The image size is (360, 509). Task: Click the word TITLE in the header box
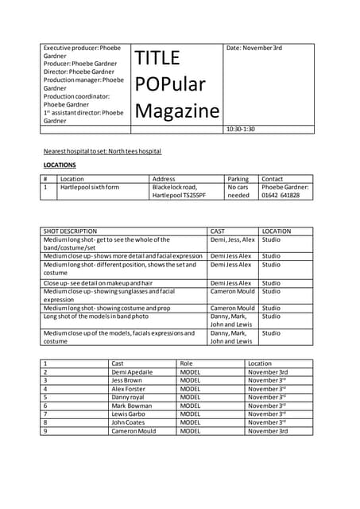pos(157,58)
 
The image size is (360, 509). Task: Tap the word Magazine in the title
pos(176,111)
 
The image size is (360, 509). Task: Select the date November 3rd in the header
pos(254,49)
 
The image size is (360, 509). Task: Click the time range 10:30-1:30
pos(241,129)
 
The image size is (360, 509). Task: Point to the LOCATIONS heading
pos(60,165)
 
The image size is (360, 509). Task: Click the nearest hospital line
pos(102,150)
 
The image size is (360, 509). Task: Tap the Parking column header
pos(238,179)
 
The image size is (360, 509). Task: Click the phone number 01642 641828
pos(281,195)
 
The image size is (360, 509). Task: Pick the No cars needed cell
pos(238,191)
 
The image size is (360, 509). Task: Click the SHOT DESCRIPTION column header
pos(70,231)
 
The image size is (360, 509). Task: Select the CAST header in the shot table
pos(217,231)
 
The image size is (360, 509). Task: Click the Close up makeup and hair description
pos(98,282)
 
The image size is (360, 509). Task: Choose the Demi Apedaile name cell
pos(132,372)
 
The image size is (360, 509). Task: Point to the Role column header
pos(187,363)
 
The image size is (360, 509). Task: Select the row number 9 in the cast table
pos(45,431)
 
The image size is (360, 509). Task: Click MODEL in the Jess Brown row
pos(190,380)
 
